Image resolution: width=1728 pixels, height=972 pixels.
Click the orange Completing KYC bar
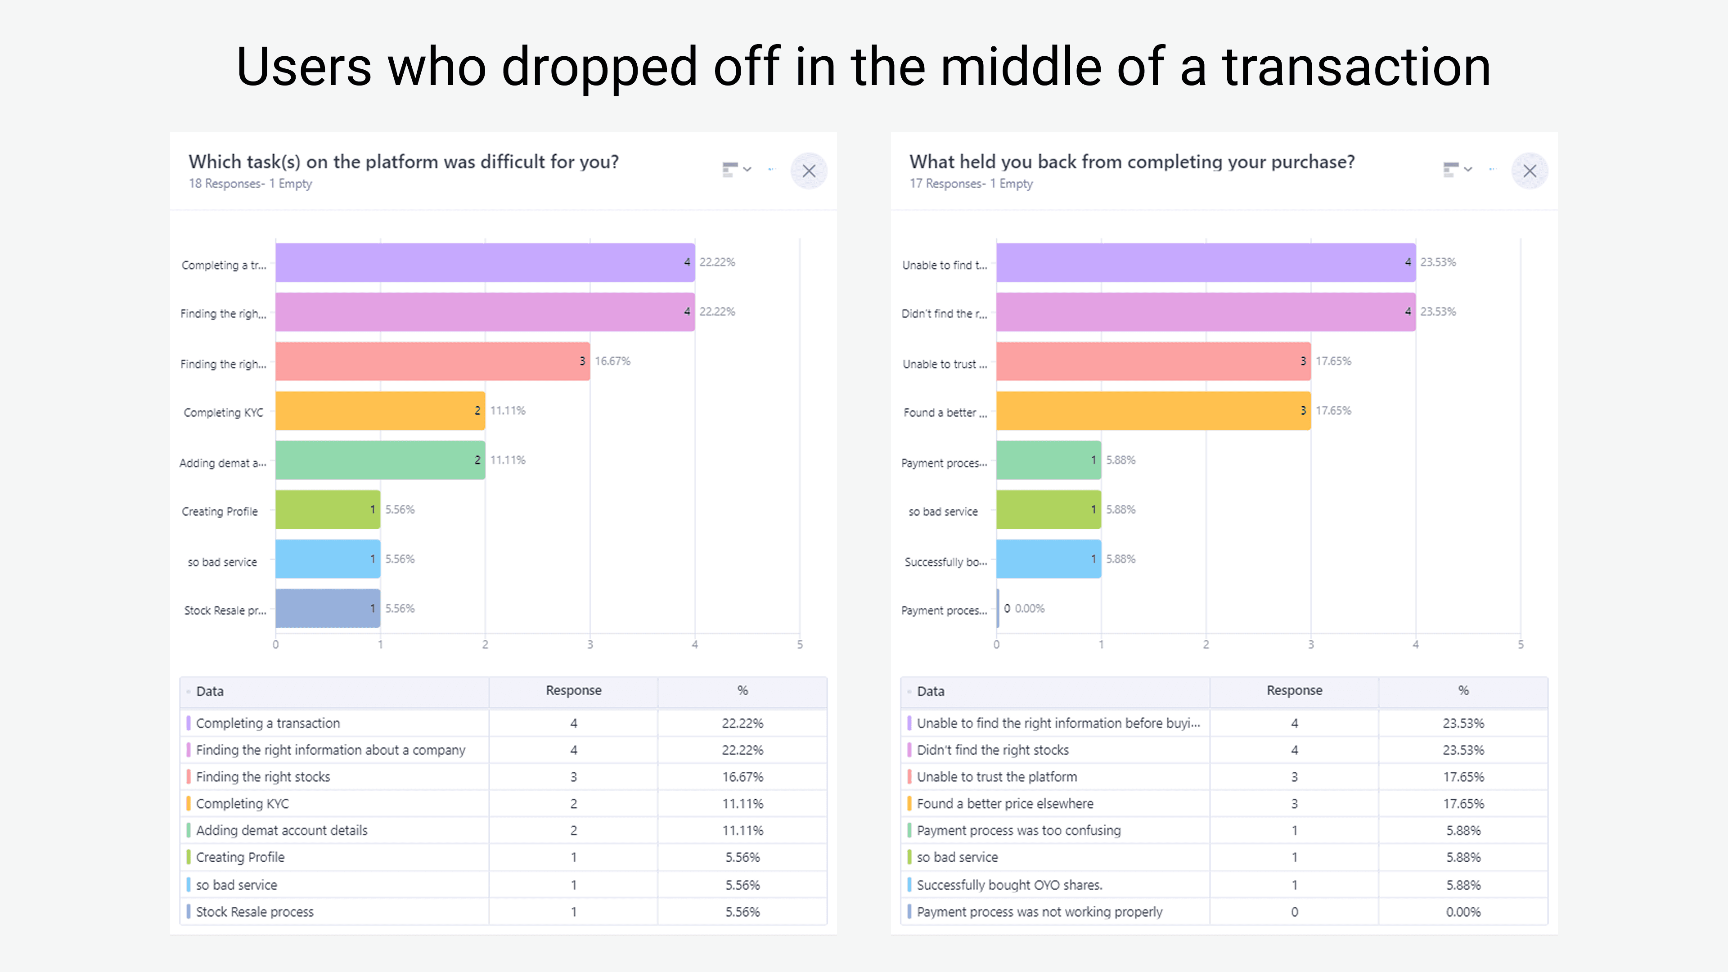[380, 410]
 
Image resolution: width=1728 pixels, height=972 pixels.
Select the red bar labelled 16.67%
[432, 361]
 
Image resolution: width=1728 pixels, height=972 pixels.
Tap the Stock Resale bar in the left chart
[327, 608]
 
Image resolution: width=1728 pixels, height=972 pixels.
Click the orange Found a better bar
[1152, 410]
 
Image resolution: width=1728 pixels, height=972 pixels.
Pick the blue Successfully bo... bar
[1048, 559]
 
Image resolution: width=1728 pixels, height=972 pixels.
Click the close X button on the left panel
[808, 171]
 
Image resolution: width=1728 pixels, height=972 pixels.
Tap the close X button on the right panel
[1530, 171]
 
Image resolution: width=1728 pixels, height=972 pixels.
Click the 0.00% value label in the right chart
[1030, 608]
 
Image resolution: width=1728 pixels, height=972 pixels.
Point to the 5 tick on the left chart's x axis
[800, 645]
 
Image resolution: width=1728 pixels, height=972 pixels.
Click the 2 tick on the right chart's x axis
[1206, 645]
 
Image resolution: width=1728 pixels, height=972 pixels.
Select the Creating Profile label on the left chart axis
[219, 512]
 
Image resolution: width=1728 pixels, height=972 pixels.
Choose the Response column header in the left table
[574, 691]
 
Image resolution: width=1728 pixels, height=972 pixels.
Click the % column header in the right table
[1463, 691]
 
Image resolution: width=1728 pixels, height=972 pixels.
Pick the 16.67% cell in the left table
[742, 777]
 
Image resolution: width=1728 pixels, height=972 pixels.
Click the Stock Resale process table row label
[255, 912]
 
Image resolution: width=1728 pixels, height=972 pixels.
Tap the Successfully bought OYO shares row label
[1009, 885]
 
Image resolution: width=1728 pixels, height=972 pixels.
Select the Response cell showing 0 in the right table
[1294, 912]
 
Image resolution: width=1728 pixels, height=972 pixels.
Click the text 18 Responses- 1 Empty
[250, 184]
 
